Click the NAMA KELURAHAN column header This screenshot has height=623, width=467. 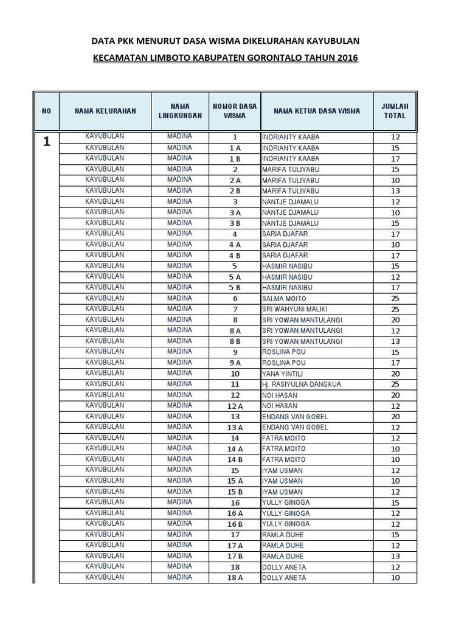coord(105,111)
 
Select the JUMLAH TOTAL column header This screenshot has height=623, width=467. coord(395,111)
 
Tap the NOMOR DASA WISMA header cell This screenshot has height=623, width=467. coord(235,111)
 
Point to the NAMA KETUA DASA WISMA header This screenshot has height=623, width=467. coord(317,111)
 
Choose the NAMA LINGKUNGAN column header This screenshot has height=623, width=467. coord(179,111)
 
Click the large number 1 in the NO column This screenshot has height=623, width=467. coord(47,143)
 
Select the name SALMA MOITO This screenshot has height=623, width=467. coord(284,299)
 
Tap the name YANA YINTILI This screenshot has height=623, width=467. coord(282,374)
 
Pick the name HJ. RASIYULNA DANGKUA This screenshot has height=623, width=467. coord(302,385)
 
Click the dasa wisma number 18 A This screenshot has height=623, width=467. coord(235,578)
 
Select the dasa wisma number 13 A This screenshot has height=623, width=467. coord(235,428)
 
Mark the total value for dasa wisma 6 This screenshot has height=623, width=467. coord(395,299)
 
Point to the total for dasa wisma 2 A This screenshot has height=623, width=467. coord(395,181)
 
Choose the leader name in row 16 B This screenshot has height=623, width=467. coord(286,524)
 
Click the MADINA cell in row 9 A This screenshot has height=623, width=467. coord(179,363)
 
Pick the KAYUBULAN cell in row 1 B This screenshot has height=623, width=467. coord(105,158)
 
